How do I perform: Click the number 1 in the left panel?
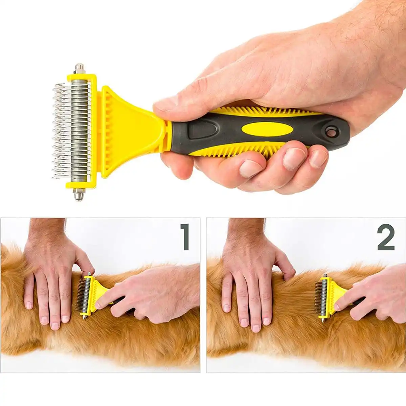185,238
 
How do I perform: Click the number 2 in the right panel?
386,238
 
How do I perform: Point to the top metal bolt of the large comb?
80,69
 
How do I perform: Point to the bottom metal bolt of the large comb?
78,195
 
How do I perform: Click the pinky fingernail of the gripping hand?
318,158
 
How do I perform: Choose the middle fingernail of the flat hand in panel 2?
256,328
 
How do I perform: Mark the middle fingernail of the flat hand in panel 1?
55,325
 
